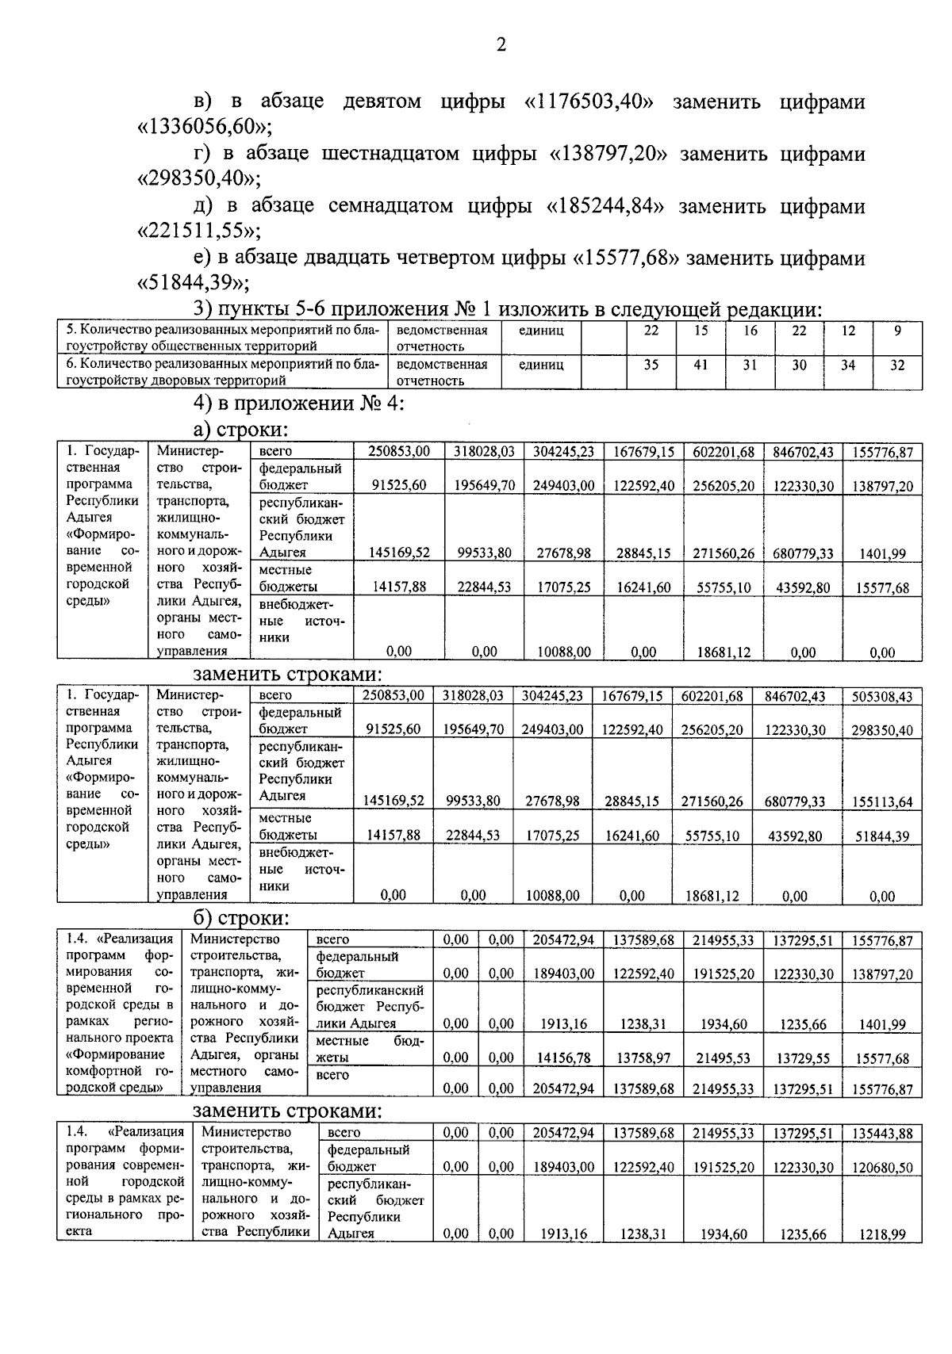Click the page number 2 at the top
pos(501,45)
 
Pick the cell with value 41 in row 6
pos(701,365)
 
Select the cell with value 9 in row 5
pos(897,331)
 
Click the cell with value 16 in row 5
pos(750,331)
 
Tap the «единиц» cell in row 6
pos(541,365)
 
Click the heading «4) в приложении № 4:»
pos(299,404)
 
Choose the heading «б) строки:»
pos(240,918)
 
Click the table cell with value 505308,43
pos(882,697)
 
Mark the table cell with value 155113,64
pos(882,801)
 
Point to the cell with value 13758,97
pos(643,1058)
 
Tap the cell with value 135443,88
pos(882,1134)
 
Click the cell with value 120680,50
pos(882,1167)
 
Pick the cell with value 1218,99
pos(882,1234)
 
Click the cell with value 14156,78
pos(563,1058)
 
